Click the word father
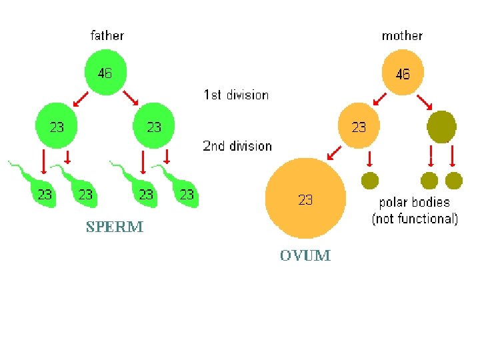(x=107, y=35)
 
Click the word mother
(x=401, y=35)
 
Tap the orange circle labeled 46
(x=402, y=73)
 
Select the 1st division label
(x=236, y=95)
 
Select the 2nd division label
(x=237, y=145)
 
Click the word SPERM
(x=115, y=227)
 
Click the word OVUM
(x=305, y=255)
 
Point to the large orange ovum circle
(x=305, y=198)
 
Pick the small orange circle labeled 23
(x=359, y=126)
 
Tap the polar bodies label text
(x=415, y=210)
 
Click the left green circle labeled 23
(x=57, y=125)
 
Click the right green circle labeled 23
(x=154, y=125)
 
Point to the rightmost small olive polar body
(x=454, y=180)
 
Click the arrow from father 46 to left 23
(x=81, y=99)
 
